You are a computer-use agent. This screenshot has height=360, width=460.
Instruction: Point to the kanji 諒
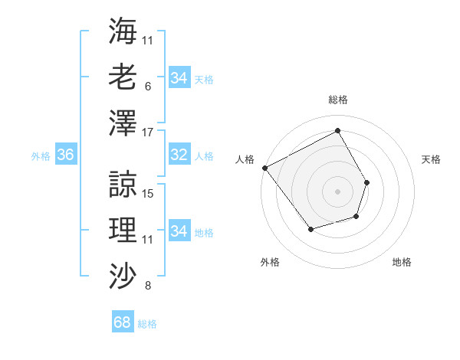(x=123, y=183)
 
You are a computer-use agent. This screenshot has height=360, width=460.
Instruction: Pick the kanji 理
(x=123, y=228)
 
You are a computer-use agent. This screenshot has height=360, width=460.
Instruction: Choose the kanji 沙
(x=123, y=274)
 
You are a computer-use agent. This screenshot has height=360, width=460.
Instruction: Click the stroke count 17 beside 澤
(x=148, y=133)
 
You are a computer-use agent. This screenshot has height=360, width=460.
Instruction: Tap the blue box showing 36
(x=65, y=155)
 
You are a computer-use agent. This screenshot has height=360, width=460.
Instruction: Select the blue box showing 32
(x=179, y=155)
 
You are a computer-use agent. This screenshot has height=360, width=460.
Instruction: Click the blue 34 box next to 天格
(x=179, y=78)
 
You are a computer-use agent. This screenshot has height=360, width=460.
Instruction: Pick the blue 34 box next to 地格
(x=179, y=231)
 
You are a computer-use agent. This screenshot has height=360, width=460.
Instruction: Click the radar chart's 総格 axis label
(x=337, y=100)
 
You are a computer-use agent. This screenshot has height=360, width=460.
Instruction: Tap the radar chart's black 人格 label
(x=245, y=159)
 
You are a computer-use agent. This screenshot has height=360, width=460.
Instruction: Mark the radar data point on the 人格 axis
(x=264, y=168)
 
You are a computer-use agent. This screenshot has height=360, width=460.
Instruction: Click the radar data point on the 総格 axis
(x=337, y=131)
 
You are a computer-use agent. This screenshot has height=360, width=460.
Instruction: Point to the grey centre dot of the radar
(x=337, y=191)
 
